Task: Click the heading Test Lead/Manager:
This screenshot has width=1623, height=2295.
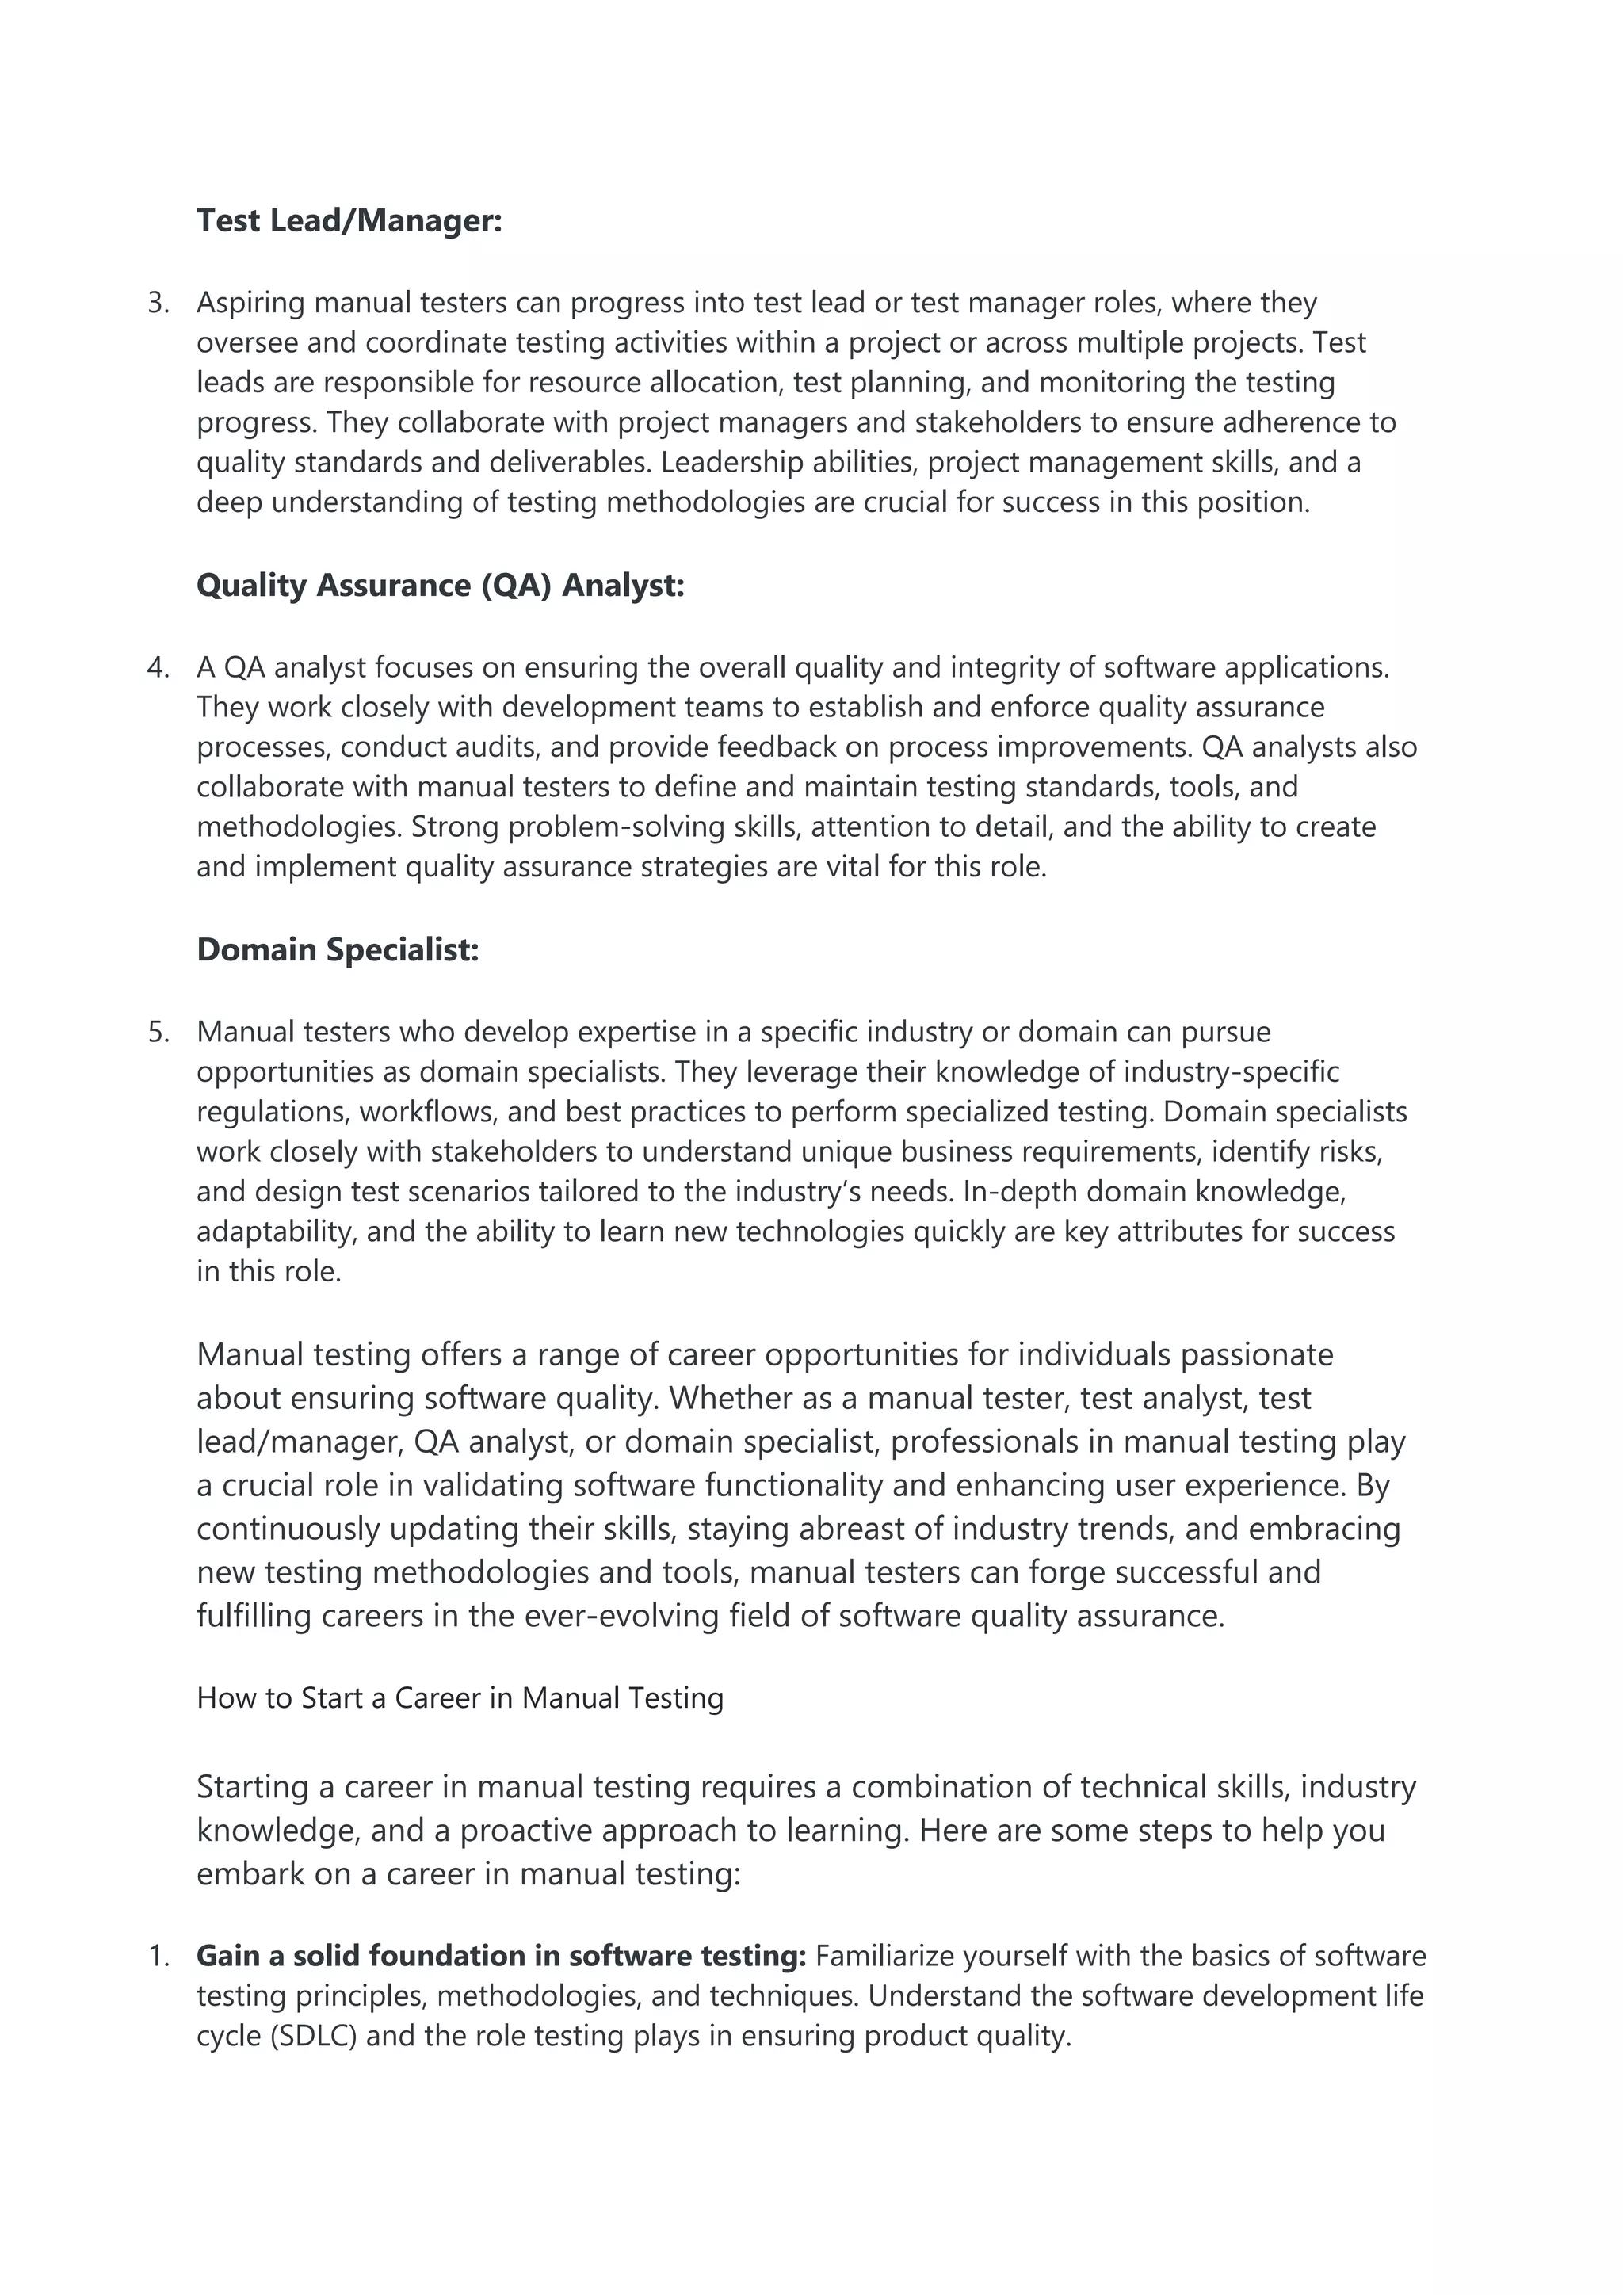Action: click(x=349, y=220)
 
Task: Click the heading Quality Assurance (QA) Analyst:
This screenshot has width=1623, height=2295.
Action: click(x=440, y=585)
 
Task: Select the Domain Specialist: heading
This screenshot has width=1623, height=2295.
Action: click(x=338, y=949)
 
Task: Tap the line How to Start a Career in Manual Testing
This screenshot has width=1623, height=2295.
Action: click(x=460, y=1697)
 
